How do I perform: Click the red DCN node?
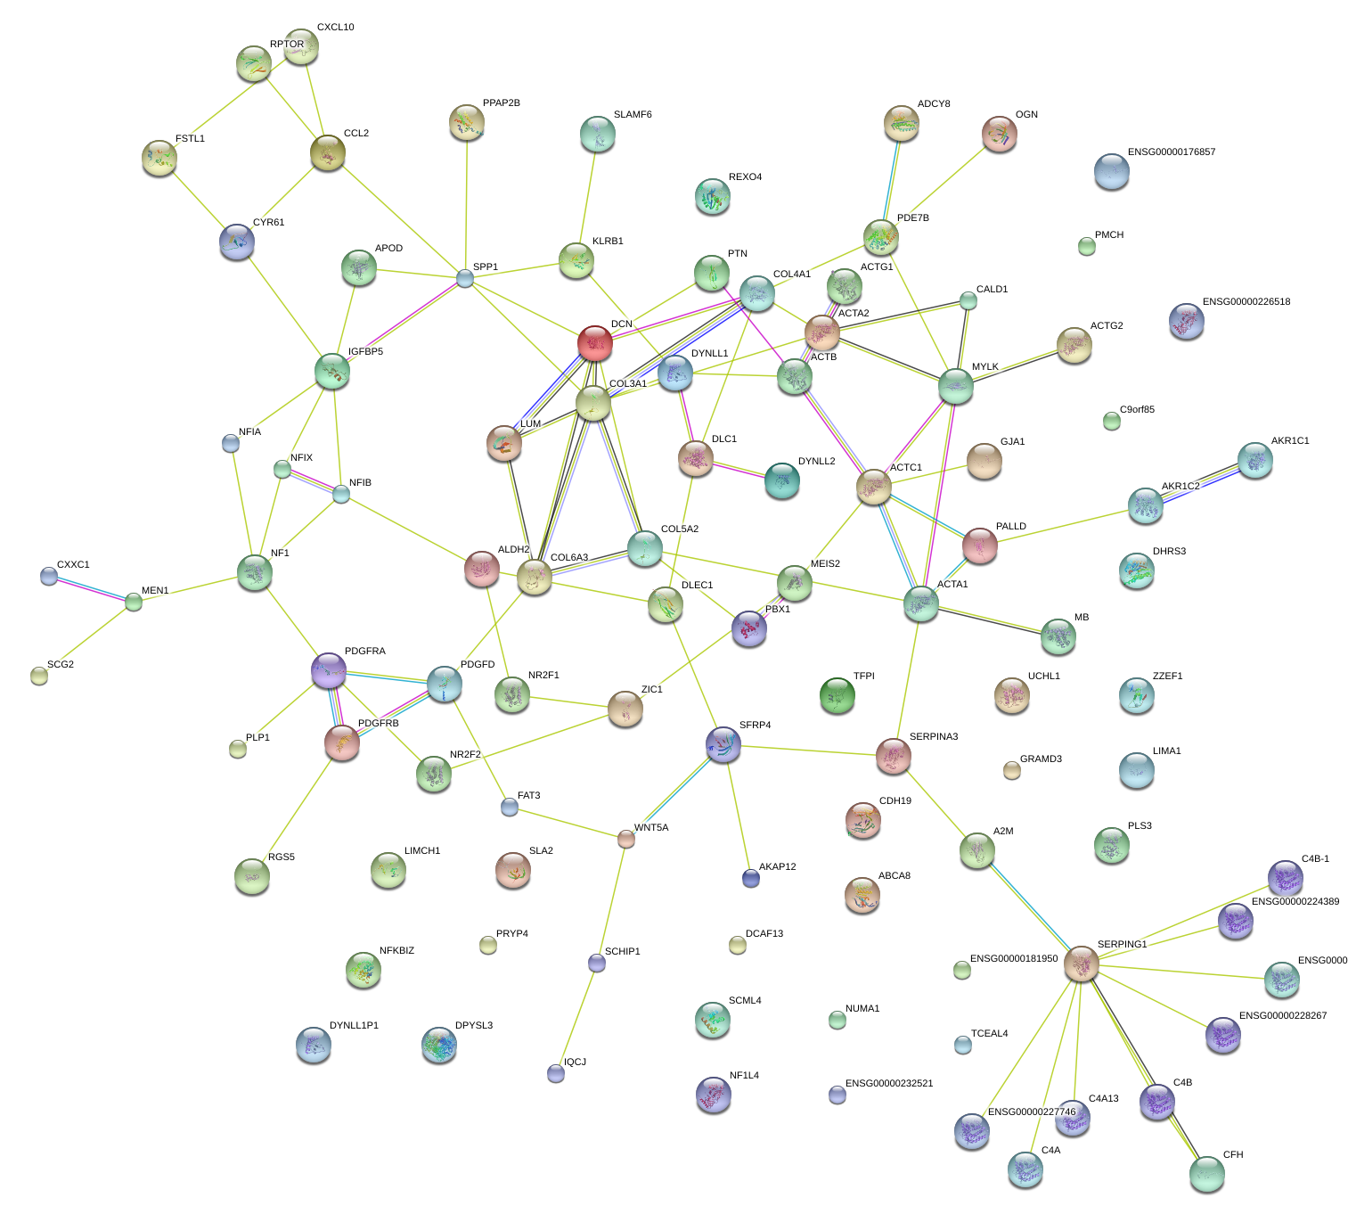[x=594, y=342]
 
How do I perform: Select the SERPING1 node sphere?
[x=1081, y=964]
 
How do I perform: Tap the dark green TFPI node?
[x=837, y=694]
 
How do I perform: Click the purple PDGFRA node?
[x=328, y=670]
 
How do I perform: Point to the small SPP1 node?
[x=465, y=278]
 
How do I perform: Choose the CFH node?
[x=1206, y=1173]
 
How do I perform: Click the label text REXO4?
[x=745, y=177]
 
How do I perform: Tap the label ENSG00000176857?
[x=1171, y=152]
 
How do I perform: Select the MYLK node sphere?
[x=955, y=386]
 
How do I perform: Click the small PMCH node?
[x=1086, y=246]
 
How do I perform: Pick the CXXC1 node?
[x=49, y=576]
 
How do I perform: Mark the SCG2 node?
[x=38, y=675]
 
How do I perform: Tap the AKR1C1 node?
[x=1254, y=460]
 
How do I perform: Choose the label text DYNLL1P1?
[x=354, y=1026]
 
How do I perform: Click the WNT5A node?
[x=626, y=838]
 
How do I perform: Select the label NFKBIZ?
[x=396, y=951]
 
